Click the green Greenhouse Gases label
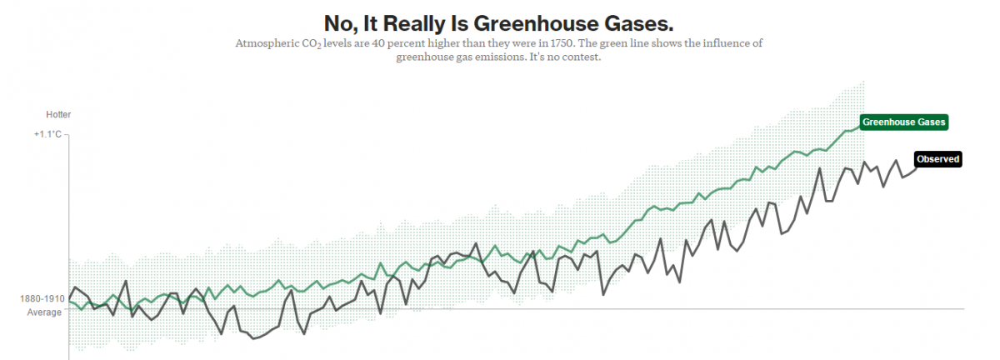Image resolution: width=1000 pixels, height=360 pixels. tap(904, 122)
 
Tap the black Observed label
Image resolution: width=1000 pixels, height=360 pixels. tap(937, 159)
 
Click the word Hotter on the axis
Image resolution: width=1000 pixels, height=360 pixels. tap(58, 114)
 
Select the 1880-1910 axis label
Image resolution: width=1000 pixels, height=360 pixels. tap(42, 298)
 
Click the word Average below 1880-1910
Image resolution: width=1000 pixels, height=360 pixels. tap(45, 312)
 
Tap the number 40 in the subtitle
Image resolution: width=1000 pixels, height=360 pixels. tap(390, 43)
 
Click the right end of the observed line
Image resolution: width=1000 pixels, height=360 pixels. tap(915, 169)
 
